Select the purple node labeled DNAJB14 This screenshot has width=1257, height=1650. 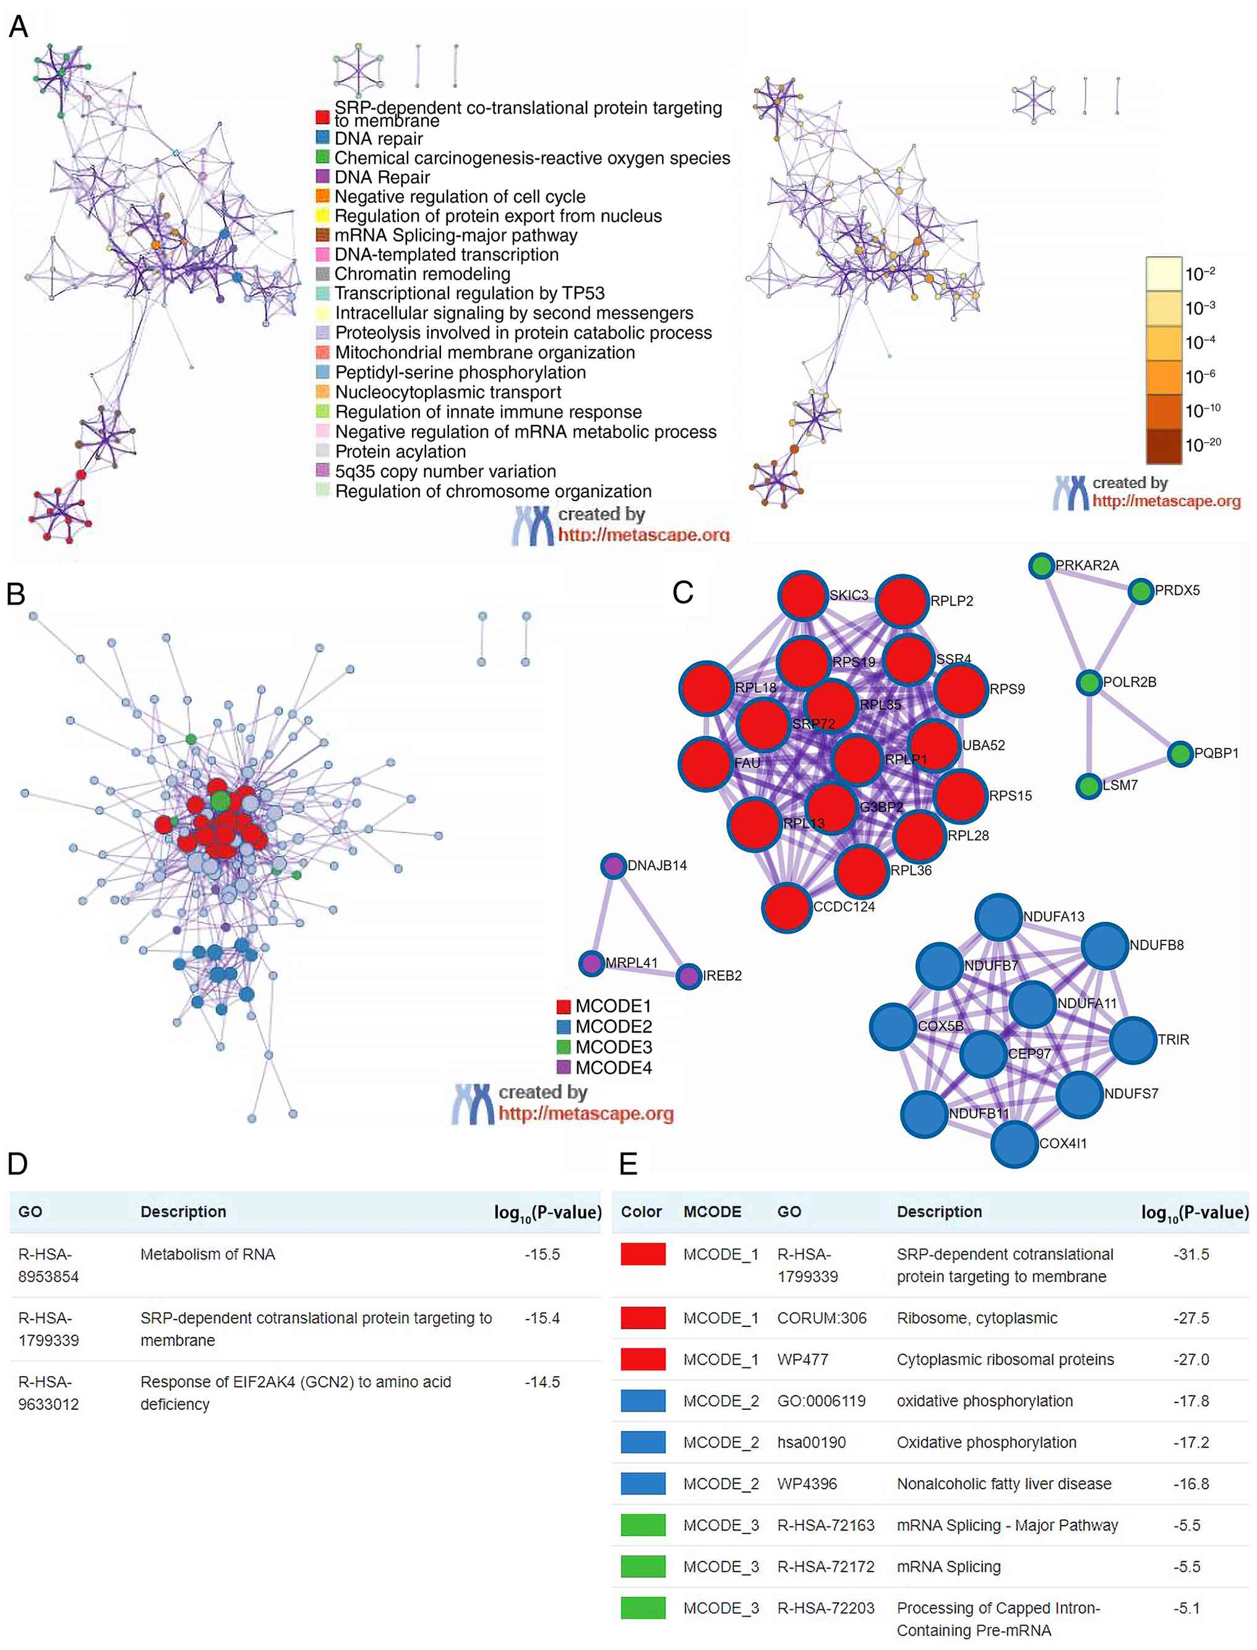pyautogui.click(x=614, y=866)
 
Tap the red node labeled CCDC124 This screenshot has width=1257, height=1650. pyautogui.click(x=787, y=907)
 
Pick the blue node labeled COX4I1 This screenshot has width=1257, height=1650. pyautogui.click(x=1014, y=1143)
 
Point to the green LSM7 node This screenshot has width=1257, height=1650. pyautogui.click(x=1089, y=786)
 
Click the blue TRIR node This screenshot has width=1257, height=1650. pyautogui.click(x=1133, y=1040)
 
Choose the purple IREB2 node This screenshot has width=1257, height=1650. pyautogui.click(x=689, y=976)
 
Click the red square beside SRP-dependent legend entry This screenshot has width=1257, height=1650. pyautogui.click(x=322, y=117)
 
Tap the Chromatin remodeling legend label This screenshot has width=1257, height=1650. pyautogui.click(x=423, y=274)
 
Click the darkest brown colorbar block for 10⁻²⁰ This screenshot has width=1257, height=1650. pyautogui.click(x=1163, y=446)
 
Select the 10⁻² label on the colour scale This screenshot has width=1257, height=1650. pyautogui.click(x=1200, y=274)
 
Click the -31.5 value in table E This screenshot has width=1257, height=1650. pyautogui.click(x=1191, y=1254)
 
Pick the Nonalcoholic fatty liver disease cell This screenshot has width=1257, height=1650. pyautogui.click(x=1004, y=1484)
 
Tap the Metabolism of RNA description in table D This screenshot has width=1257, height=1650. pyautogui.click(x=208, y=1254)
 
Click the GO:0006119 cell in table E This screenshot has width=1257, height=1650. pyautogui.click(x=822, y=1401)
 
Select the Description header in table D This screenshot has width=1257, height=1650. pyautogui.click(x=183, y=1211)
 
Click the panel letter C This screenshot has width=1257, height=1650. pyautogui.click(x=683, y=593)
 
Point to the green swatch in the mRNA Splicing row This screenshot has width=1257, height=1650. pyautogui.click(x=643, y=1566)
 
